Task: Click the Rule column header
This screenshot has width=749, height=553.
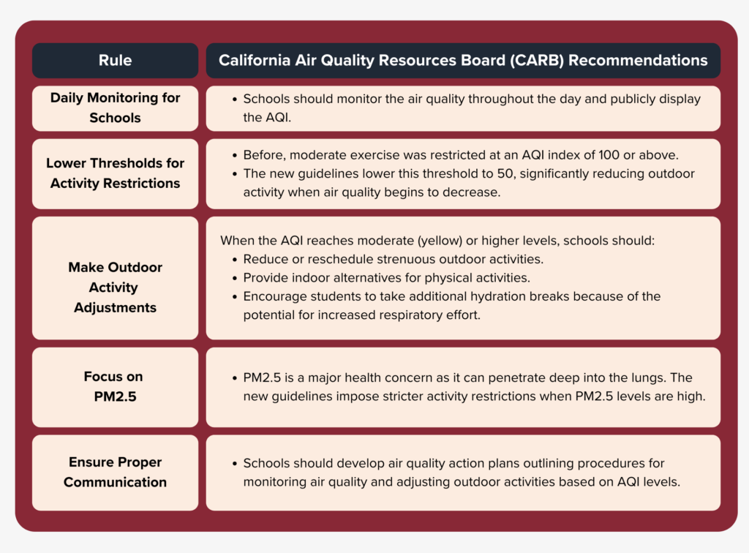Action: click(x=115, y=60)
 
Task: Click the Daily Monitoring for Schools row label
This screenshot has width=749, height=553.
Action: click(x=115, y=108)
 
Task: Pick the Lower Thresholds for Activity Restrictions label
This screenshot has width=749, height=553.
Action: click(x=115, y=173)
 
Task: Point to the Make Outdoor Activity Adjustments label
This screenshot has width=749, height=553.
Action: click(x=115, y=287)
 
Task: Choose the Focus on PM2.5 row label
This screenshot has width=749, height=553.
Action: click(x=113, y=387)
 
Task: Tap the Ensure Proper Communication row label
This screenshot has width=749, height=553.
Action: click(x=115, y=472)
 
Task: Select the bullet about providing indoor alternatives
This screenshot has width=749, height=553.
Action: click(x=386, y=278)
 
